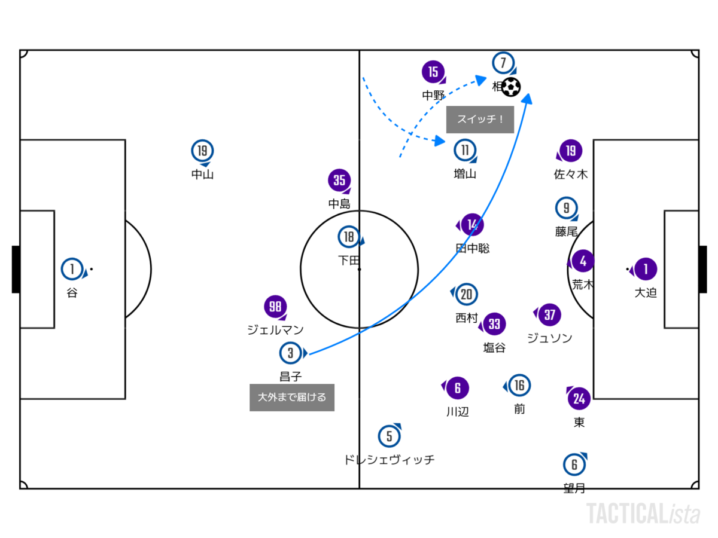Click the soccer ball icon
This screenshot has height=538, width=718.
click(x=511, y=87)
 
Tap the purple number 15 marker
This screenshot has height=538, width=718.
click(x=433, y=73)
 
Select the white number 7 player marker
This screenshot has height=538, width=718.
click(x=503, y=63)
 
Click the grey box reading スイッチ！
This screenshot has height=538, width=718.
click(x=480, y=120)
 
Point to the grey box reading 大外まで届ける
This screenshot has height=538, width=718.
click(x=292, y=398)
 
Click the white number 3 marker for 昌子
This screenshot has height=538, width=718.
click(x=291, y=353)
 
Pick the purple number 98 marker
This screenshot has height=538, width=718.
click(x=275, y=307)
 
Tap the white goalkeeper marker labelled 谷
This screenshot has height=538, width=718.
click(x=72, y=270)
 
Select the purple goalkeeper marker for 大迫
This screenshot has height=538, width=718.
click(x=645, y=270)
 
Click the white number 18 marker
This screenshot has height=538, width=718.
click(x=349, y=237)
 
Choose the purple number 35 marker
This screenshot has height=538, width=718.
click(x=339, y=181)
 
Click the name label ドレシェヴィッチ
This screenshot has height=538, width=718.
click(x=389, y=460)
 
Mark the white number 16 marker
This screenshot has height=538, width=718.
click(x=519, y=386)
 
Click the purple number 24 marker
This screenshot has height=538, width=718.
click(x=579, y=398)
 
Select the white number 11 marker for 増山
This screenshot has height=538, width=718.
click(x=465, y=151)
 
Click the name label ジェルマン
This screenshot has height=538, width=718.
click(x=275, y=329)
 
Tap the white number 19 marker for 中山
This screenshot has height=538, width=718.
click(x=203, y=152)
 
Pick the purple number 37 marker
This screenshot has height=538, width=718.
click(x=550, y=314)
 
